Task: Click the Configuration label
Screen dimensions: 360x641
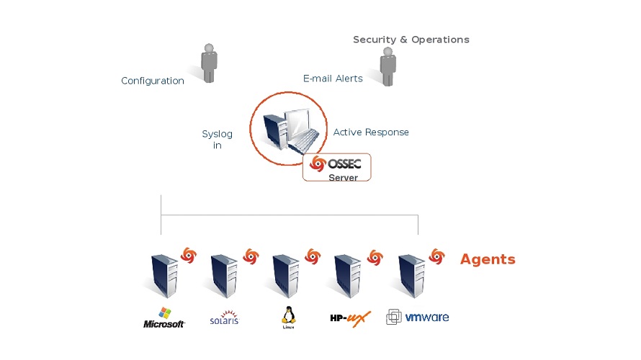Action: pyautogui.click(x=153, y=81)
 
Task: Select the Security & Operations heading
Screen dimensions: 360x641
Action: pyautogui.click(x=411, y=40)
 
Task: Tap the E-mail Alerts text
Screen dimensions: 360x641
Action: pyautogui.click(x=333, y=78)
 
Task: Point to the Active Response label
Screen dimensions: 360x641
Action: pyautogui.click(x=371, y=132)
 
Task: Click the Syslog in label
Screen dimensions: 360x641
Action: pyautogui.click(x=217, y=140)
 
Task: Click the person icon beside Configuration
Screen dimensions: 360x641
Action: pyautogui.click(x=209, y=63)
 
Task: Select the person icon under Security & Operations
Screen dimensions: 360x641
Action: pyautogui.click(x=388, y=67)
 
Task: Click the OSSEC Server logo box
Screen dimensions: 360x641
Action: pyautogui.click(x=337, y=167)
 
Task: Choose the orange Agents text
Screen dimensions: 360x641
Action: pyautogui.click(x=488, y=259)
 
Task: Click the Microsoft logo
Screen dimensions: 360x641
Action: pyautogui.click(x=164, y=318)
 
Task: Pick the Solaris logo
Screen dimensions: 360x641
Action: pyautogui.click(x=224, y=318)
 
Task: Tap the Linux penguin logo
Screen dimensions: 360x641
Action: pyautogui.click(x=289, y=317)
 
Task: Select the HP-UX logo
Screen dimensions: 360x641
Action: pyautogui.click(x=350, y=318)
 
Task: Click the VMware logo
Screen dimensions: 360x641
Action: pyautogui.click(x=418, y=317)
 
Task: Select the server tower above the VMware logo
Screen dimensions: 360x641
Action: pyautogui.click(x=413, y=275)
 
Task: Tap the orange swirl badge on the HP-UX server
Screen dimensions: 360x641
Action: pyautogui.click(x=375, y=257)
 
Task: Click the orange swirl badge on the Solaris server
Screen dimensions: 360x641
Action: pyautogui.click(x=251, y=256)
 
